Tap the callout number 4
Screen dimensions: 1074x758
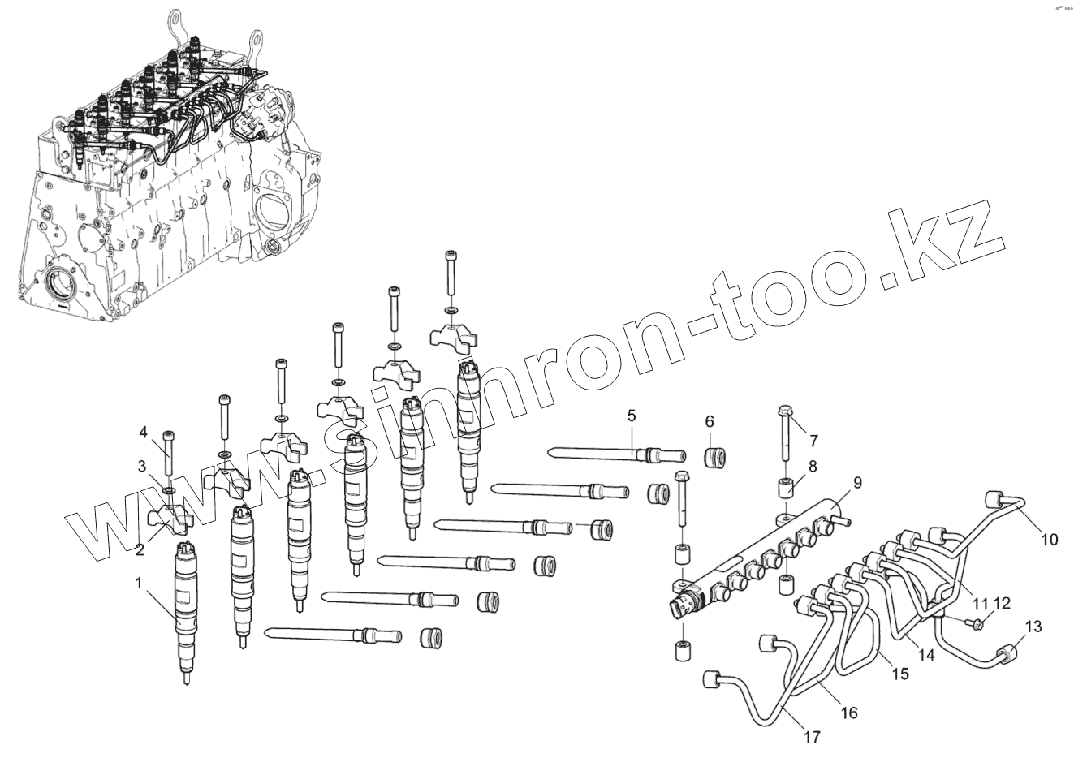143,432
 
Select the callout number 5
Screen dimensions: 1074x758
630,416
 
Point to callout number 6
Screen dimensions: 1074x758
709,421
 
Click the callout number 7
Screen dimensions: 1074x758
813,441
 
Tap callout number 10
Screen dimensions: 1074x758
1050,538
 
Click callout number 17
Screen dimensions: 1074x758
812,737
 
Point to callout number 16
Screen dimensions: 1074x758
848,713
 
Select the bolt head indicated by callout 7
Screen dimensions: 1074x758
784,411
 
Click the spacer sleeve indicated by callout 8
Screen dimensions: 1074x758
784,489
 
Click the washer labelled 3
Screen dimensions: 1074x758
168,492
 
